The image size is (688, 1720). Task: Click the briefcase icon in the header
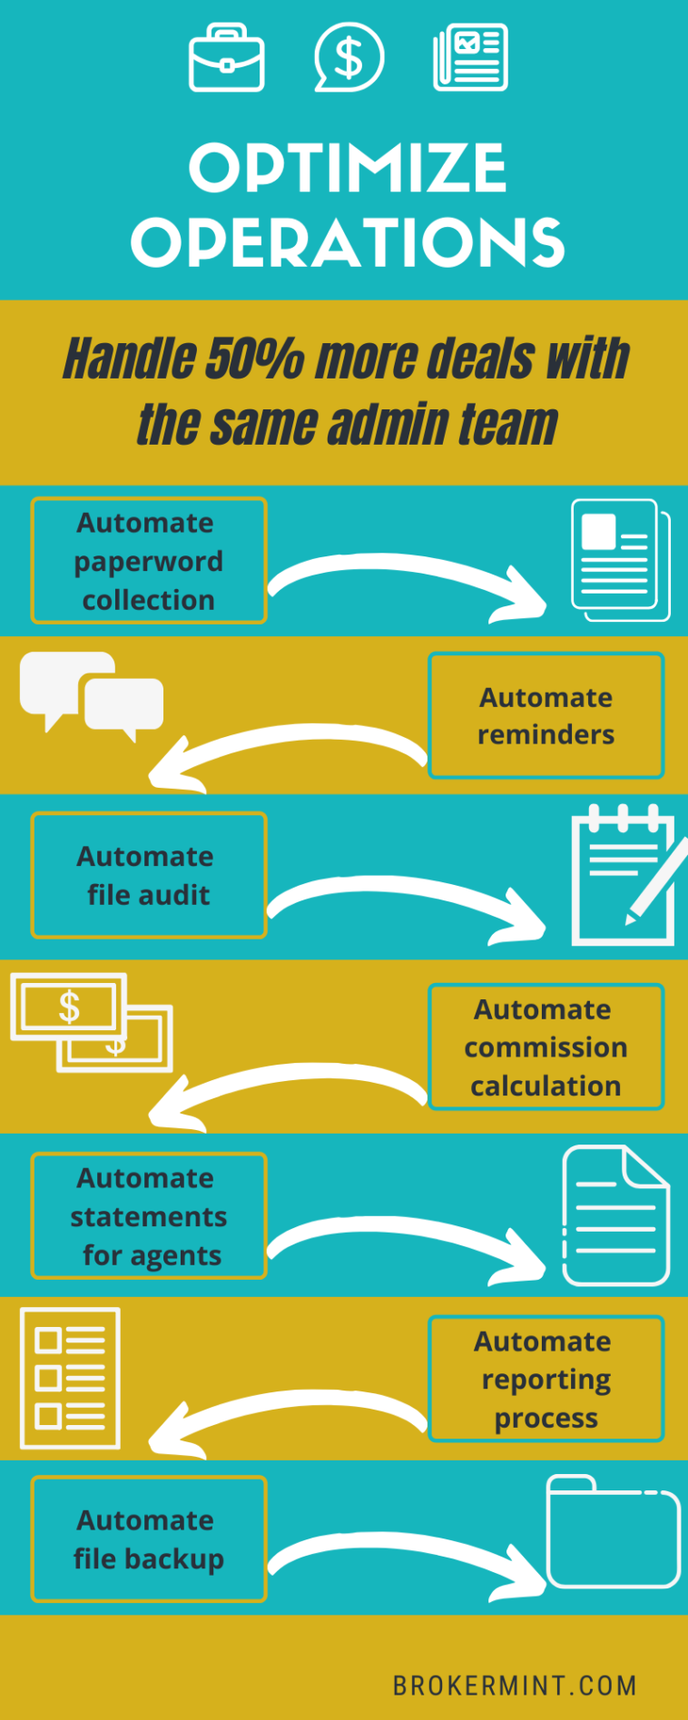click(227, 59)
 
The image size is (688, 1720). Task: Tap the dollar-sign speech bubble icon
click(349, 57)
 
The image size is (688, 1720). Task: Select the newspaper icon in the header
click(470, 58)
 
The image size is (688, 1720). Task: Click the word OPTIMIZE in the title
click(347, 168)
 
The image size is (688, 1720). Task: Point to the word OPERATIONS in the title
click(348, 242)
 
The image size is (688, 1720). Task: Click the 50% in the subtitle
click(254, 358)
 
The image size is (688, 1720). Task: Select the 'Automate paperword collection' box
click(149, 561)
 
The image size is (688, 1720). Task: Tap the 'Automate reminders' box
click(545, 716)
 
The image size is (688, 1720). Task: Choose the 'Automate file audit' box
click(149, 875)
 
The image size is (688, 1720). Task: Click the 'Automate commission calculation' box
click(545, 1047)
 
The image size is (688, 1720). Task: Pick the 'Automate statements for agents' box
click(149, 1216)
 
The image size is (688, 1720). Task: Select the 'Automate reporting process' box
click(545, 1379)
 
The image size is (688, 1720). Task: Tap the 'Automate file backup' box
click(149, 1539)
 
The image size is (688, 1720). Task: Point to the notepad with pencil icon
click(626, 877)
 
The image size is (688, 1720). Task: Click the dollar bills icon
click(91, 1022)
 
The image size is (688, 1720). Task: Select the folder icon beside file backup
click(614, 1532)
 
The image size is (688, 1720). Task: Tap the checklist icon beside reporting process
click(70, 1378)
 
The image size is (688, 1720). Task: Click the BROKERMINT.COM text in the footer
click(515, 1686)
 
